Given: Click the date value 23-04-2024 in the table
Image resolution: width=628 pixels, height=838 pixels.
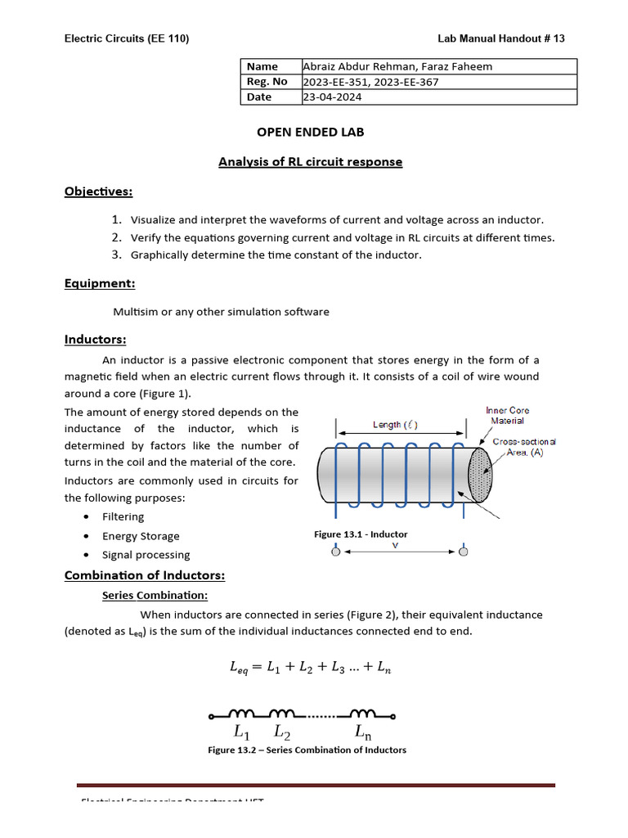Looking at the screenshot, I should tap(332, 97).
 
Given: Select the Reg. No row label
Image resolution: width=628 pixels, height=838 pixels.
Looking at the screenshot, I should tap(267, 81).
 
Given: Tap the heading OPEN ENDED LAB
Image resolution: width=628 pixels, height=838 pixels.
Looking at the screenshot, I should tap(311, 132).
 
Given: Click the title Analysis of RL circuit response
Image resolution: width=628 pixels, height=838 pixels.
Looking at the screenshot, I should tap(310, 162).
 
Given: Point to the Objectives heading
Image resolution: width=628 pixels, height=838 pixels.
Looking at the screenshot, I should tap(98, 191).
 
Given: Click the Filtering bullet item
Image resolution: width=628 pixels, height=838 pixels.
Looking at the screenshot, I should tap(123, 516).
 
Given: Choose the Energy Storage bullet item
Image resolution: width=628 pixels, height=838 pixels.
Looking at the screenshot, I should tap(141, 536).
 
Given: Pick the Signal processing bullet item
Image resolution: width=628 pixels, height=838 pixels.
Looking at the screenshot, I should tap(146, 555).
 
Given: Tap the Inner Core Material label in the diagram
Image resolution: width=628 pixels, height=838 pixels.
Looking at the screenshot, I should tap(507, 415).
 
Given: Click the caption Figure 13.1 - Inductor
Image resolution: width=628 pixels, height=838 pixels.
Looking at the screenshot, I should tap(361, 534).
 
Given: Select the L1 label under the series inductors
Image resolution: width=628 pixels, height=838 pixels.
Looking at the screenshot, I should tap(243, 731).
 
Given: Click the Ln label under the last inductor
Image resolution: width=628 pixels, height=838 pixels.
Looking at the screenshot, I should tap(363, 731).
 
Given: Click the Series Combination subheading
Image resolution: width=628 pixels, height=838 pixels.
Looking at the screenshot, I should tap(155, 595).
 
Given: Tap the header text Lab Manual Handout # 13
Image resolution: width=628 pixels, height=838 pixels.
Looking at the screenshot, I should tap(501, 38).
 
